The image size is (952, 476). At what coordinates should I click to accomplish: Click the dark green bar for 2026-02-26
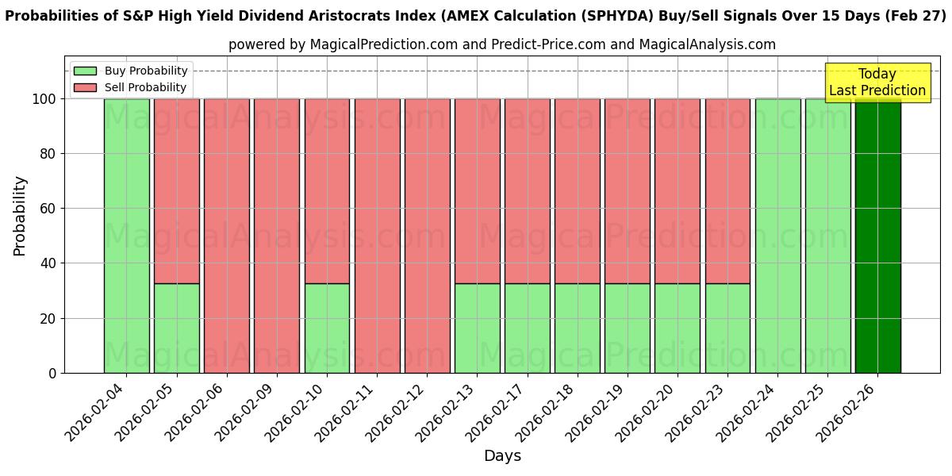pos(877,238)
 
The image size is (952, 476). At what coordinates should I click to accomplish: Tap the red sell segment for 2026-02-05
pos(176,190)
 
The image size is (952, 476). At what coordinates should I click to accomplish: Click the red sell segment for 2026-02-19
pos(627,190)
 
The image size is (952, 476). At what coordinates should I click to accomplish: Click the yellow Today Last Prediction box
pos(877,83)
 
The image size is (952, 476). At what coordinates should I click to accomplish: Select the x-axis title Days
pos(502,456)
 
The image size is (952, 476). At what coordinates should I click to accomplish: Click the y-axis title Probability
pos(20,215)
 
